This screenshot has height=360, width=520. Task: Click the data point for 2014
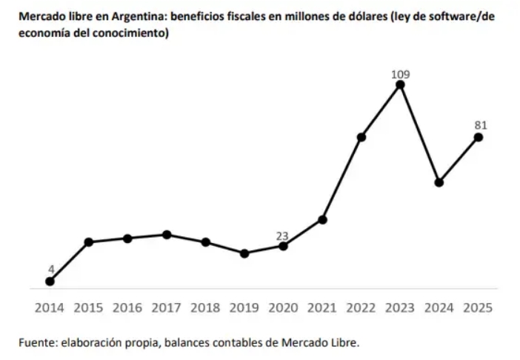coord(50,281)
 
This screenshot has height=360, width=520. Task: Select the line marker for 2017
coord(167,235)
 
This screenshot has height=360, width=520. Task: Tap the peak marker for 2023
coord(400,85)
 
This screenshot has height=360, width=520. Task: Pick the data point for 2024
coord(439,182)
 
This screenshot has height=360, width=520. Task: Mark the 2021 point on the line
coord(322,219)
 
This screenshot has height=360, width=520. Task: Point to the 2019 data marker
coord(244,253)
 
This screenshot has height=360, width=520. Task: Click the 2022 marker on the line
coord(361,137)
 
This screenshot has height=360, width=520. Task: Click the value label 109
coord(400,75)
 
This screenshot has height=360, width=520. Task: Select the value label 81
coord(481,125)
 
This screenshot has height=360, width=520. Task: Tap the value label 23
coord(282,236)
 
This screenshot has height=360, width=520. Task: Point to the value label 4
coord(51,270)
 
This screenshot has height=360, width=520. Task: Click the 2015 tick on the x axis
coord(89,308)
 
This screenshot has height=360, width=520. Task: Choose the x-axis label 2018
coord(205,308)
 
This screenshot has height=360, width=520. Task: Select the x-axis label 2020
coord(283,308)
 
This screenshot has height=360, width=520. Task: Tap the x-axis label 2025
coord(478,308)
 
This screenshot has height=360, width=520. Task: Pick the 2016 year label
coord(127,308)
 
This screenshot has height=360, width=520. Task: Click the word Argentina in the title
coord(139,16)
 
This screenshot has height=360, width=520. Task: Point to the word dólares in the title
coord(366,16)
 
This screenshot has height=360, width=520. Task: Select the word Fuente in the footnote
coord(38,342)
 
